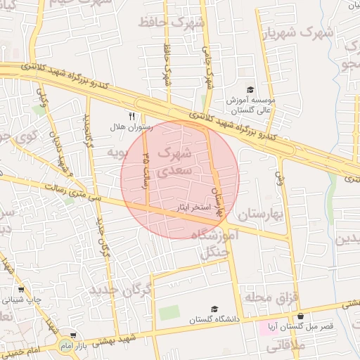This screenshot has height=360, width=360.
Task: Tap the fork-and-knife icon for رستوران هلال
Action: click(x=131, y=116)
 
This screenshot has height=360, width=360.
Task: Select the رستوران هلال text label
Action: click(x=127, y=128)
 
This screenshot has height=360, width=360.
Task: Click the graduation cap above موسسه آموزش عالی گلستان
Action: click(x=250, y=89)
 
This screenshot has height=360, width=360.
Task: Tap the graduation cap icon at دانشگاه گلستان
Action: click(x=214, y=309)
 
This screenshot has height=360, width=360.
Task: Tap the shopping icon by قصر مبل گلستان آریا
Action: click(x=301, y=316)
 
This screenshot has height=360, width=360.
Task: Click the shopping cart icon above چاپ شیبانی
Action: click(x=20, y=289)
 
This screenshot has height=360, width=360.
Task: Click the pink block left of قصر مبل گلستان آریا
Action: click(x=271, y=327)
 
